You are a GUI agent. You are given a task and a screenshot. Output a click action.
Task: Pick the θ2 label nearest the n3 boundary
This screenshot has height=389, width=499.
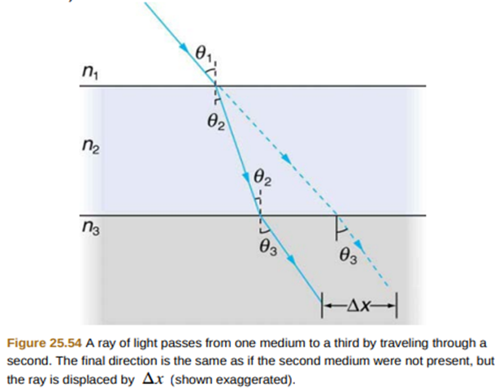[x=263, y=176]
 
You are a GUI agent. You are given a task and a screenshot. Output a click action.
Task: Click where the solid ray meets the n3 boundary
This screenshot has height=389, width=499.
[x=260, y=215]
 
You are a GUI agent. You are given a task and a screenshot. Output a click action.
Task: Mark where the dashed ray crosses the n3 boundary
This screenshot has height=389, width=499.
[x=336, y=215]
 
